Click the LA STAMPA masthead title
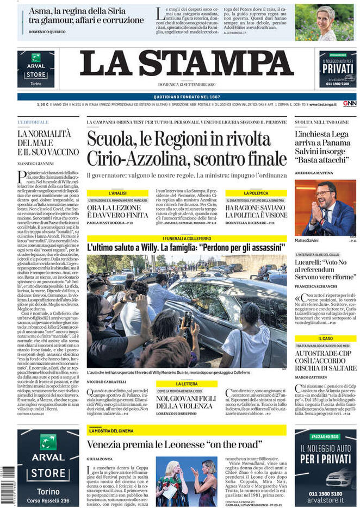click(187, 64)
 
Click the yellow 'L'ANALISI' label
click(117, 193)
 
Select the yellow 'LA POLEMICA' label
click(256, 193)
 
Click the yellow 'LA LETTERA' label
click(187, 384)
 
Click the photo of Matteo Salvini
click(325, 208)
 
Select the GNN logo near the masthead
click(349, 103)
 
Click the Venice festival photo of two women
click(187, 481)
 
